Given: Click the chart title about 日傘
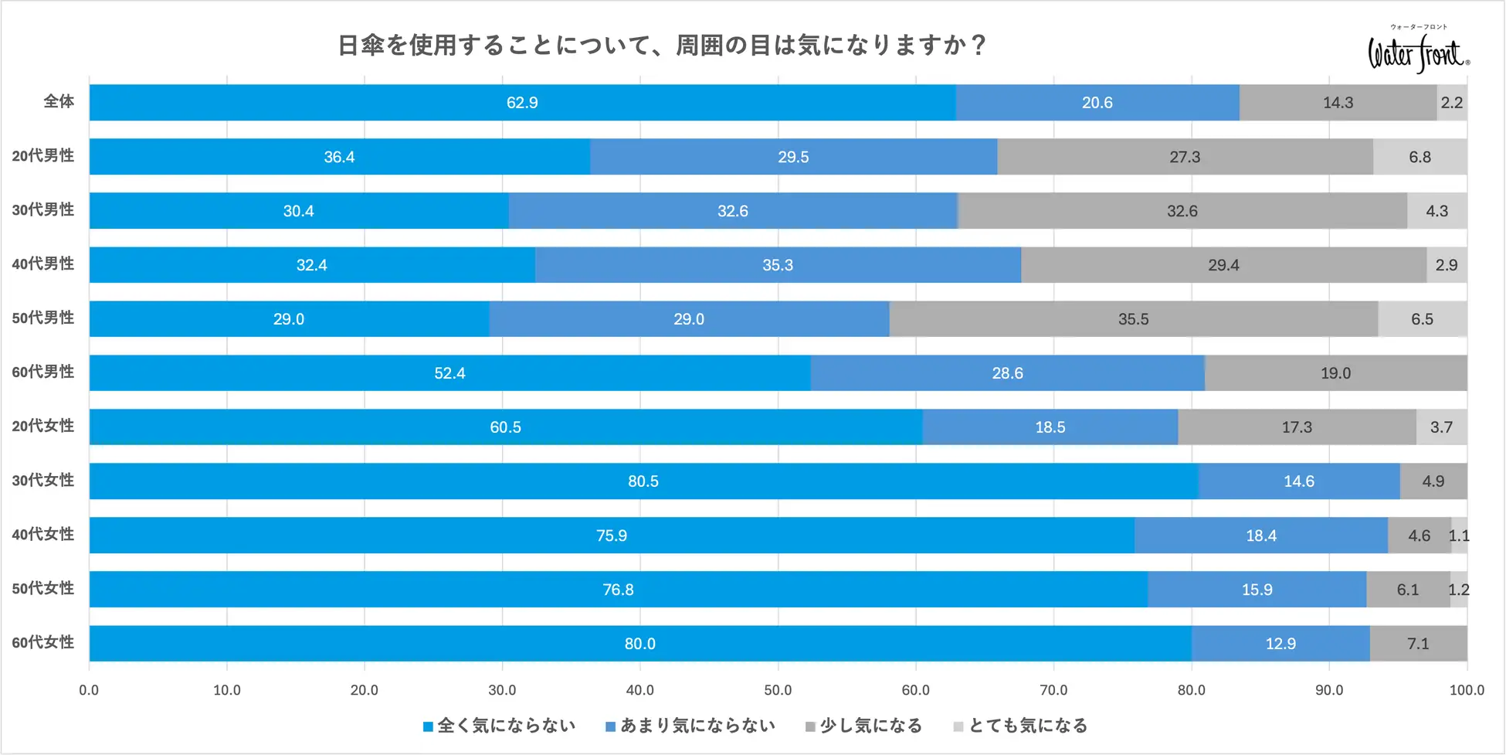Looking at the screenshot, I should click(x=662, y=46).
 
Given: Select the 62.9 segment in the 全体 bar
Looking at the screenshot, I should click(x=522, y=103).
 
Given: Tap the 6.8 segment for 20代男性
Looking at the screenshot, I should click(x=1420, y=157).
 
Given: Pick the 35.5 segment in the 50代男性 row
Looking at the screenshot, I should click(x=1133, y=319).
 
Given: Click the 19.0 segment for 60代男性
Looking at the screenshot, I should click(x=1335, y=373).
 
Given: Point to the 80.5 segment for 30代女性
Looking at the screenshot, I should click(x=643, y=481).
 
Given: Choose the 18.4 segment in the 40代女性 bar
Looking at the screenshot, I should click(x=1260, y=536).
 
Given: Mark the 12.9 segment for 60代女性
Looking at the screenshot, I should click(x=1280, y=644).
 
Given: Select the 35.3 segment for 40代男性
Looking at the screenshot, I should click(x=777, y=265).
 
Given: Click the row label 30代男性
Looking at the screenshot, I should click(x=43, y=210).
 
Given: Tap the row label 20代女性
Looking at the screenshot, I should click(x=43, y=427).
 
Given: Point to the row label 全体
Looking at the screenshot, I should click(x=59, y=102).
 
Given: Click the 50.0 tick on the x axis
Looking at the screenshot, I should click(x=778, y=690).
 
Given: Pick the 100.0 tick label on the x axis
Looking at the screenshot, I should click(x=1466, y=690).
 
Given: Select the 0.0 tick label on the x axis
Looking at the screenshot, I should click(x=89, y=690).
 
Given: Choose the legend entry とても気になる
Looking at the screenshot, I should click(x=1020, y=726).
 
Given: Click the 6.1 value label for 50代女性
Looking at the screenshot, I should click(x=1407, y=590).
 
